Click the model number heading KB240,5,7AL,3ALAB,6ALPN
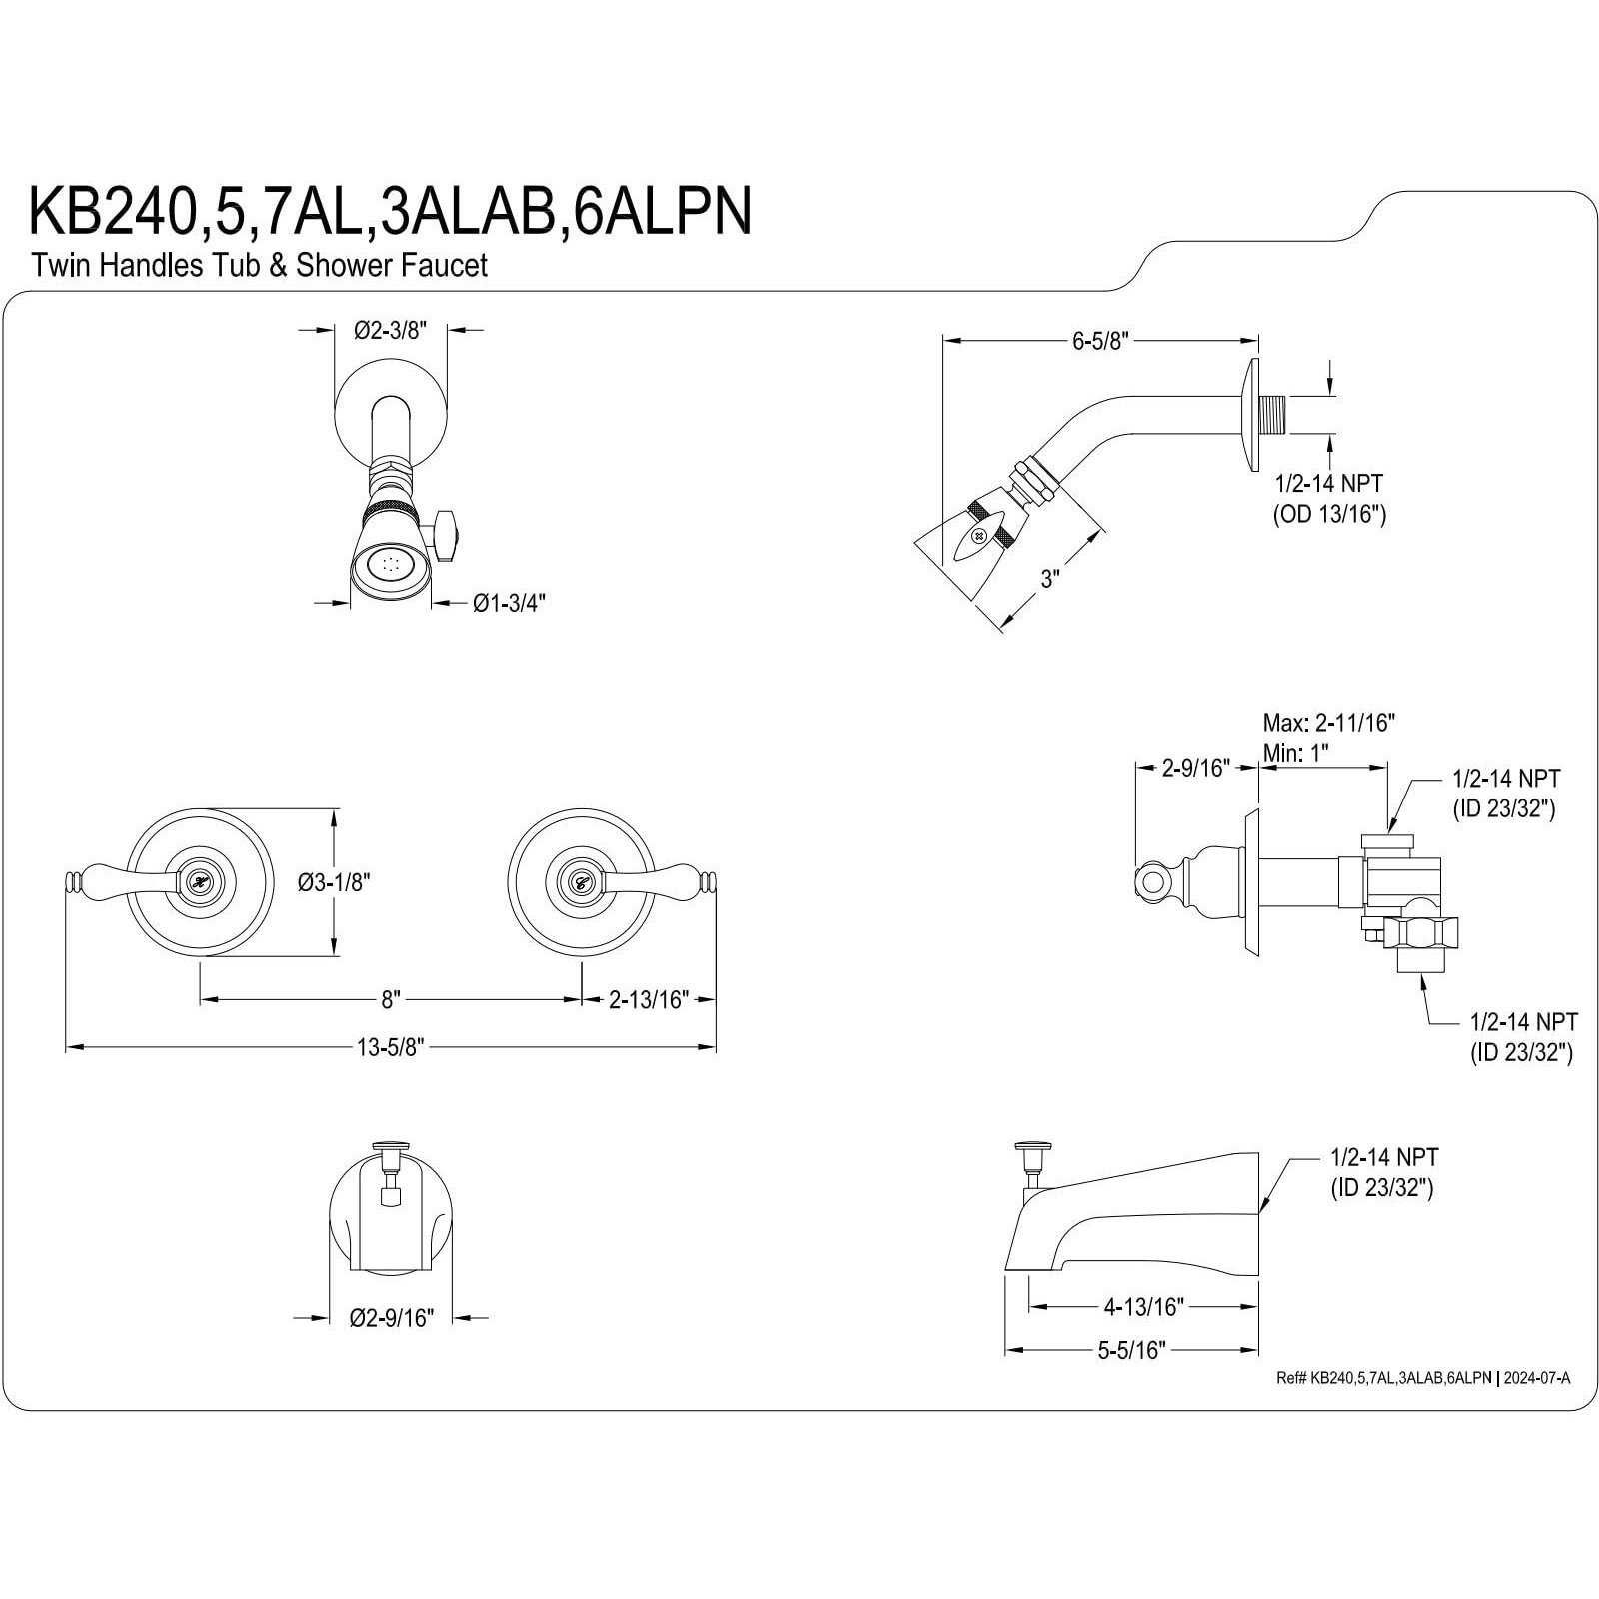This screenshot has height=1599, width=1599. (x=390, y=211)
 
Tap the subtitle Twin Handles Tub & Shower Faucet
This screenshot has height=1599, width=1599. (x=259, y=266)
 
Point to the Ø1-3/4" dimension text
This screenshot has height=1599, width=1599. (x=510, y=603)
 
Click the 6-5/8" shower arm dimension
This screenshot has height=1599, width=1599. (x=1100, y=341)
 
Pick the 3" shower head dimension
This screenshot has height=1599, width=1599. (x=1048, y=579)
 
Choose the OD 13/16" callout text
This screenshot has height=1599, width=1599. (x=1329, y=515)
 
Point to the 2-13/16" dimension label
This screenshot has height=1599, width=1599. (x=649, y=999)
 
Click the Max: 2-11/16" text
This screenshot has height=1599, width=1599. (x=1328, y=722)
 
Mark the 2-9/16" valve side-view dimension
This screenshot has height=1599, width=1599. (x=1194, y=768)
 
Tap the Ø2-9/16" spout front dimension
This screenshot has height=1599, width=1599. (x=391, y=1319)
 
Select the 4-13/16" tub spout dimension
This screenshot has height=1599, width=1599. (x=1143, y=1306)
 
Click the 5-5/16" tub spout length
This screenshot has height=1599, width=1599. (x=1132, y=1351)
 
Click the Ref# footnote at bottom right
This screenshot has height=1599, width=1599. (x=1423, y=1378)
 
